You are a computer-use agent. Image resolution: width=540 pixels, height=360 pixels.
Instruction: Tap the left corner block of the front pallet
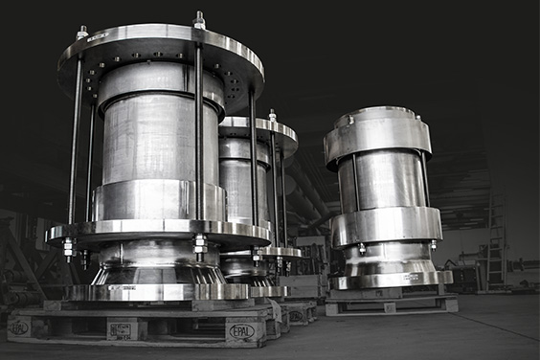click(x=20, y=327)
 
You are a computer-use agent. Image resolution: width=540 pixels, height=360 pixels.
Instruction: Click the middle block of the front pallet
click(x=123, y=329)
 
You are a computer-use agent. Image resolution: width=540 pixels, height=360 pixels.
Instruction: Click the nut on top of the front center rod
click(x=199, y=20)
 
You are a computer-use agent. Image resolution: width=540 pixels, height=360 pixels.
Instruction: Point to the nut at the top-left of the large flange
click(x=82, y=33)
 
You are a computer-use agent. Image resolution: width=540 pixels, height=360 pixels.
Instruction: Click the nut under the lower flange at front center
click(x=199, y=247)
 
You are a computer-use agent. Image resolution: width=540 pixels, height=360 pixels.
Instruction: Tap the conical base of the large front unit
click(x=153, y=273)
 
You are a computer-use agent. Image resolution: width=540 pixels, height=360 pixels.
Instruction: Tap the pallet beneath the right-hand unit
click(x=391, y=305)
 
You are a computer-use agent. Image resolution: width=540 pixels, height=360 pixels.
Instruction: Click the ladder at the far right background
click(x=495, y=239)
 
